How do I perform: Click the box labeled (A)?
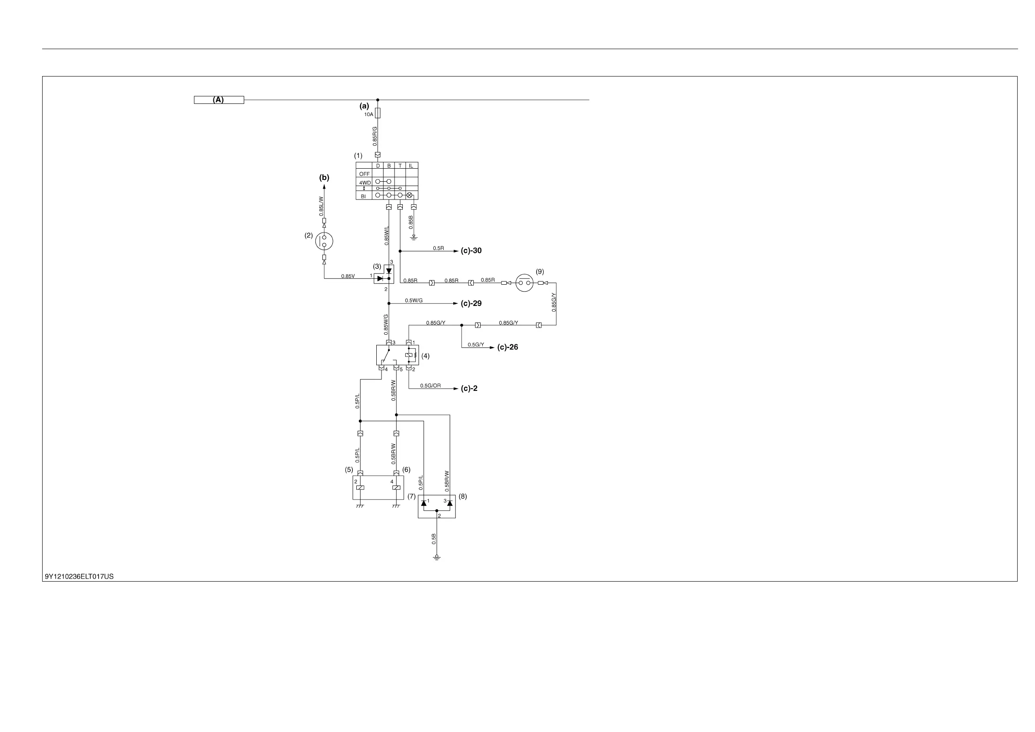tap(219, 100)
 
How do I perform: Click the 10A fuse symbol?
tap(378, 113)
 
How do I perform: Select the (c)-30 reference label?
tap(471, 251)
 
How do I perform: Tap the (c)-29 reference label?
tap(471, 303)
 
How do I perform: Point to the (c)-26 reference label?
tap(508, 347)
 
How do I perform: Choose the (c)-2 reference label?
tap(469, 388)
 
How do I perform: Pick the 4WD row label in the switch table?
tap(365, 183)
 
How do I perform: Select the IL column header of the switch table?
tap(411, 166)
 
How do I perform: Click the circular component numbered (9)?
tap(524, 283)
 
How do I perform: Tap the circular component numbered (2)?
tap(324, 241)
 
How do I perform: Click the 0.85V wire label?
tap(348, 276)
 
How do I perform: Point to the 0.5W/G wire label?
tap(414, 300)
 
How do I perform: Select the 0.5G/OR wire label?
tap(431, 386)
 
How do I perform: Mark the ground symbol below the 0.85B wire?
tap(414, 238)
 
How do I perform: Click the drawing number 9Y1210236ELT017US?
tap(80, 576)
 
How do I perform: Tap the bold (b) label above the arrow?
tap(324, 178)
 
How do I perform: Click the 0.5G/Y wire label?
tap(476, 345)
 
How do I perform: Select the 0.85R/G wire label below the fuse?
tap(375, 136)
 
